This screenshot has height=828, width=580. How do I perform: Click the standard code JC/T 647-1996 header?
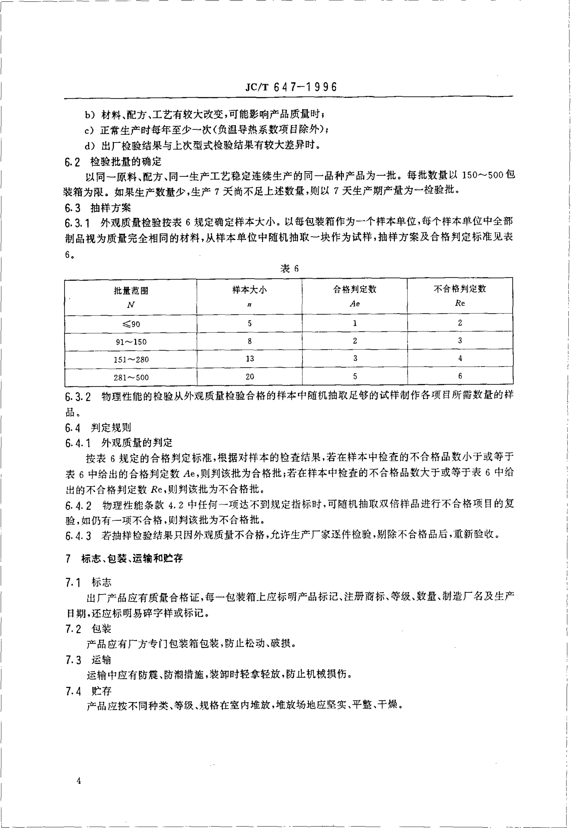coord(291,87)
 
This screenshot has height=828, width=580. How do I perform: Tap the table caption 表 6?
coord(289,268)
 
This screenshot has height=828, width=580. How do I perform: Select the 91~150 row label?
coord(131,342)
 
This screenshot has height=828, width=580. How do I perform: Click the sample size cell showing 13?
coord(249,359)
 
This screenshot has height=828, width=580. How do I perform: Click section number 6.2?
coord(73,162)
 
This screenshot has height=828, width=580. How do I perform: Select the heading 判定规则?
coord(111,428)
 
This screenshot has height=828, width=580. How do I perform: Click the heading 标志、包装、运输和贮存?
coord(132,559)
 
